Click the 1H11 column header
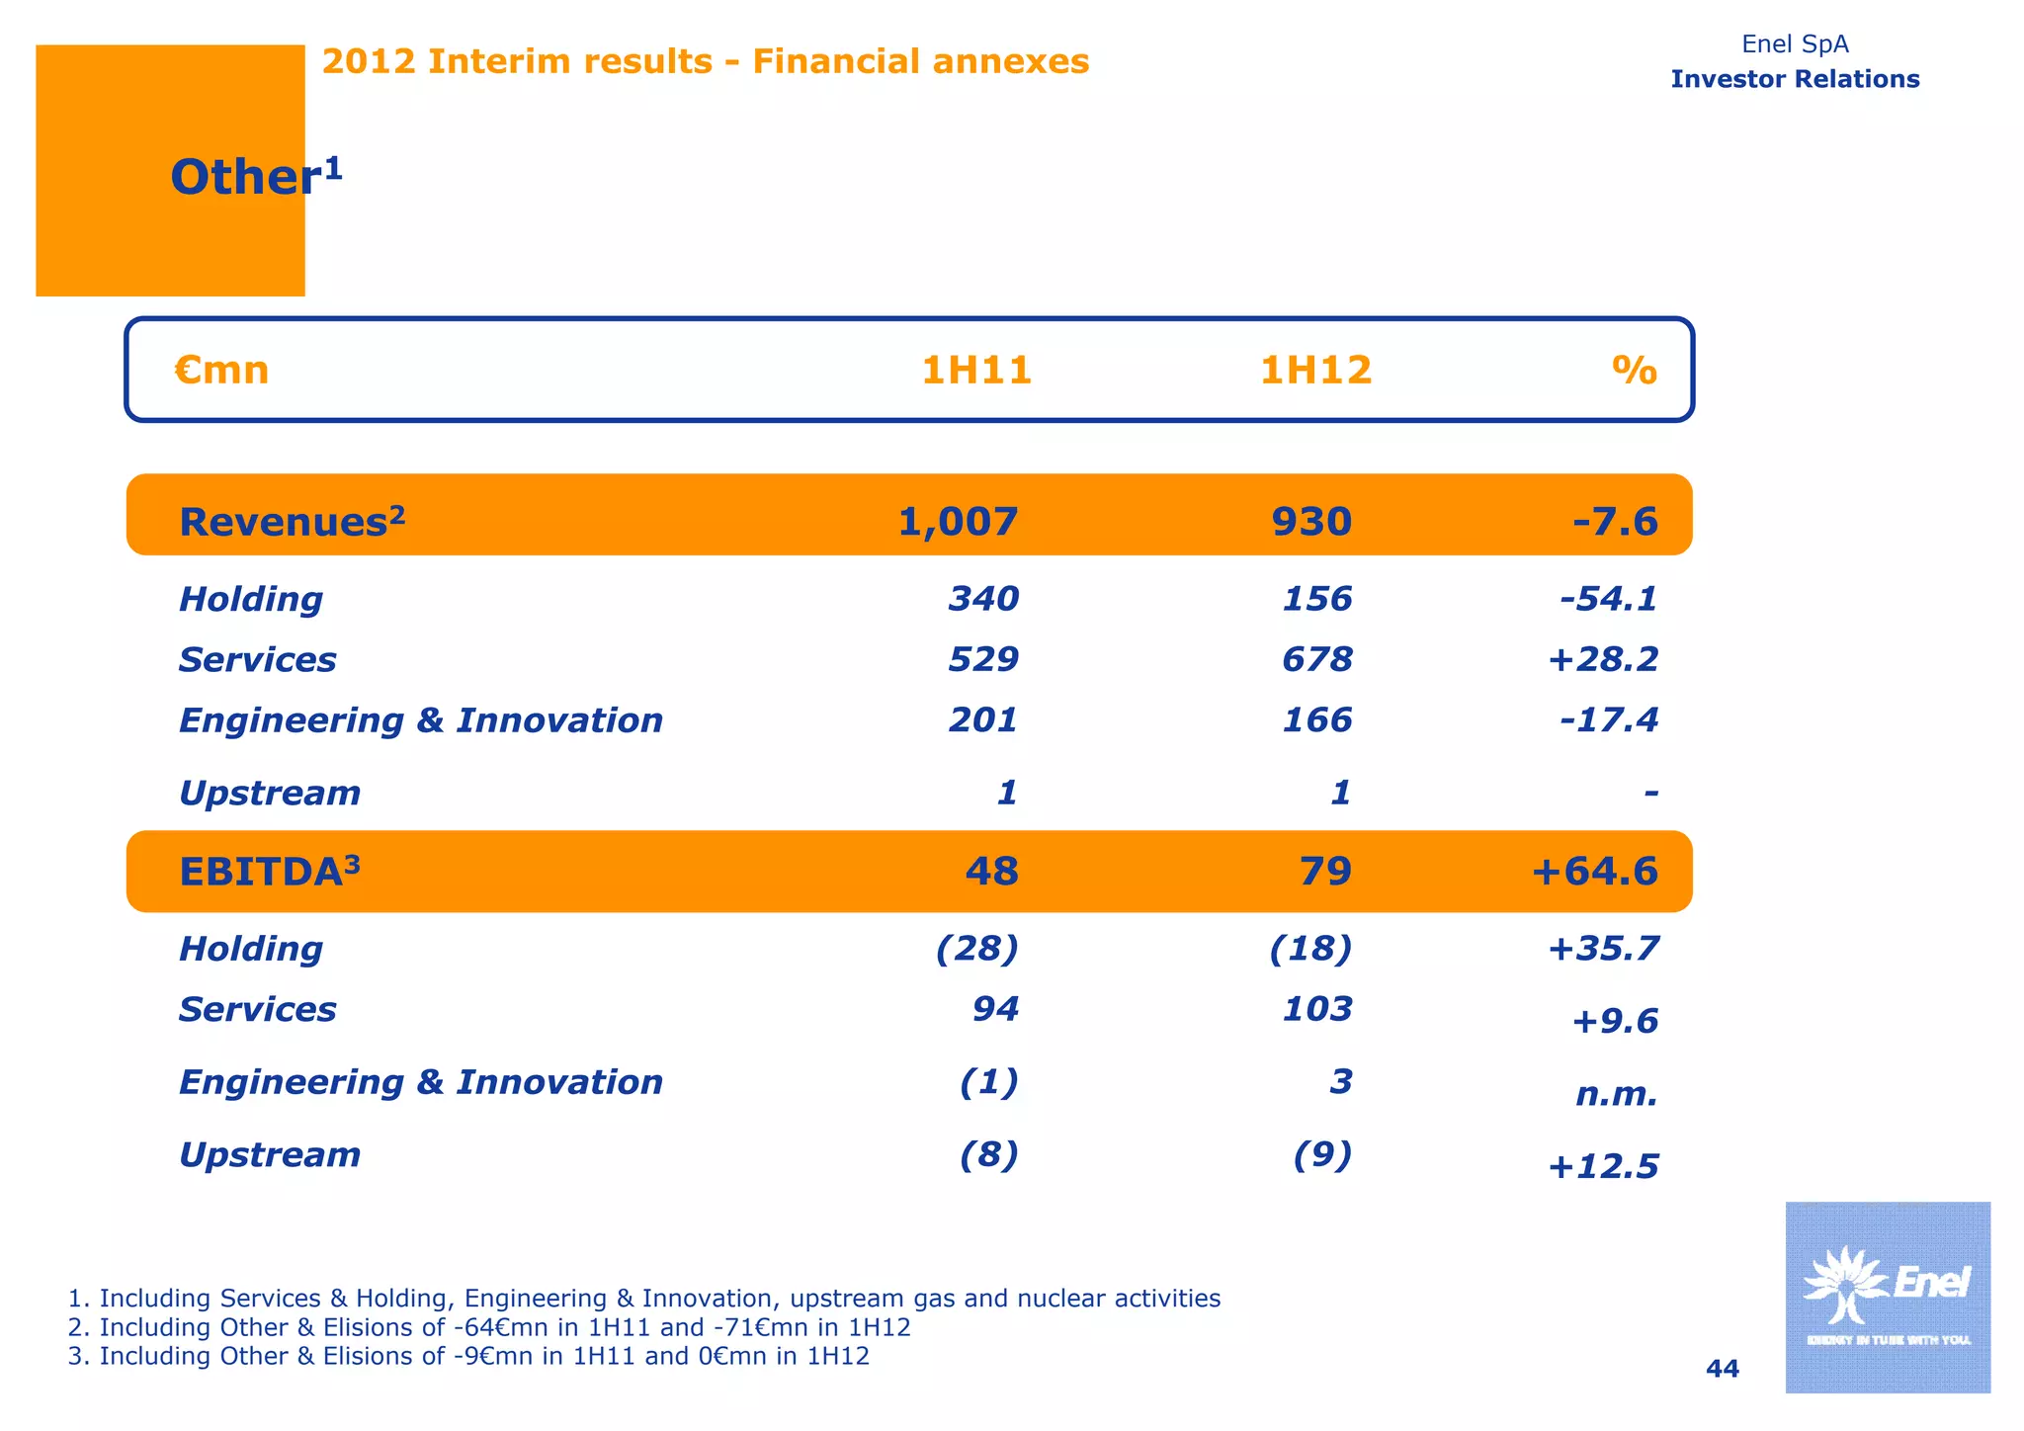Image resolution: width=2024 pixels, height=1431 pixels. coord(976,371)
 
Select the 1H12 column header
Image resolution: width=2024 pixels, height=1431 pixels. coord(1315,371)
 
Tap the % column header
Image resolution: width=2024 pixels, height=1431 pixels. coord(1635,371)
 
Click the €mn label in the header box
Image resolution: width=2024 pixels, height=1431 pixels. coord(221,371)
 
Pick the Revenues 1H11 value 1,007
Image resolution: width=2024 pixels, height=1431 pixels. coord(957,521)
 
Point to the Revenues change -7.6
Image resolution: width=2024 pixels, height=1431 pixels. coord(1615,521)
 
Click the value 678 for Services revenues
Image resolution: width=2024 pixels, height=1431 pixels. coord(1316,659)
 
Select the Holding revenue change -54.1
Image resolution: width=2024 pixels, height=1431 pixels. coord(1608,599)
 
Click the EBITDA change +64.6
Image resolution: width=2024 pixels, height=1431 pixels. coord(1594,872)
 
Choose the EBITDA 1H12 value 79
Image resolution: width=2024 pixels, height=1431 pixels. coord(1324,872)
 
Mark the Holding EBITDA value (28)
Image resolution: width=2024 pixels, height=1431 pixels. coord(976,949)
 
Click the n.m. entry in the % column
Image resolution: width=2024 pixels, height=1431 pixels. coord(1616,1094)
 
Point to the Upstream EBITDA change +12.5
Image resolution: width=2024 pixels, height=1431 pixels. coord(1602,1167)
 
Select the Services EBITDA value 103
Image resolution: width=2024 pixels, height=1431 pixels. coord(1316,1009)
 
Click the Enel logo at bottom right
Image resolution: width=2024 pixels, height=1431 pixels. coord(1887,1297)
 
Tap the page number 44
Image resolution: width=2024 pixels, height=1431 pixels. coord(1723,1369)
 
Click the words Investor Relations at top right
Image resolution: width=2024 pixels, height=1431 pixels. coord(1795,79)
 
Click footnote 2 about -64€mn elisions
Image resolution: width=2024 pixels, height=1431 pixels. coord(489,1327)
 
